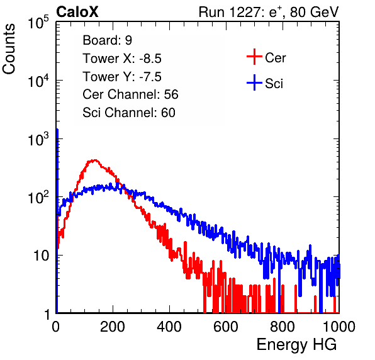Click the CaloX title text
point(77,12)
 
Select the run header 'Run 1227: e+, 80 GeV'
point(269,12)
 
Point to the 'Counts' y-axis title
point(9,49)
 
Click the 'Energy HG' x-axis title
point(296,345)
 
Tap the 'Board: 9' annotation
point(108,40)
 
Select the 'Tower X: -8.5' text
point(122,59)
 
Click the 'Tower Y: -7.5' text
point(122,77)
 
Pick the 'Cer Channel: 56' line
point(130,94)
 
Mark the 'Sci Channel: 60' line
point(129,113)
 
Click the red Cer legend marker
point(254,57)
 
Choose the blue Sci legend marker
point(254,83)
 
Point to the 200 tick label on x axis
point(113,327)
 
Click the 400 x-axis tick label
point(169,327)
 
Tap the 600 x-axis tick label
point(226,327)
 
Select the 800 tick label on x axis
point(283,327)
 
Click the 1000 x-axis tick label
point(339,327)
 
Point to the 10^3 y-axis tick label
point(38,139)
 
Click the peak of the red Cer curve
point(95,160)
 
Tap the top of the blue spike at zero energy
point(57,130)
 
